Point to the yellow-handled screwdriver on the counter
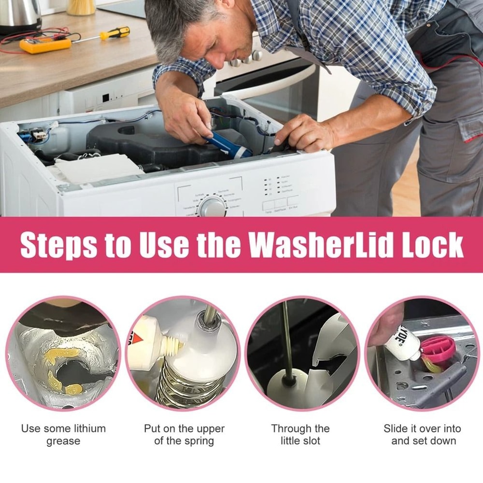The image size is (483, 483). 114,33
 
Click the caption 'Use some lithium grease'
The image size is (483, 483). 63,434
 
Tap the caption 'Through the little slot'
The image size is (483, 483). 300,434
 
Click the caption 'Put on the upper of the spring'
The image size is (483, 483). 184,434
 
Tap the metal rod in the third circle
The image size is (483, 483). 286,338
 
